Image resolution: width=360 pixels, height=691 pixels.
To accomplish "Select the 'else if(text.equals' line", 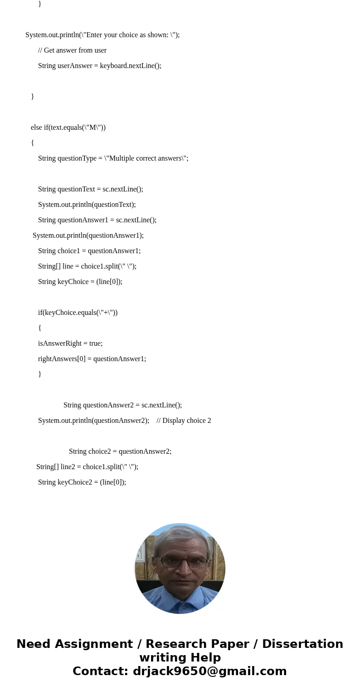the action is (x=68, y=127).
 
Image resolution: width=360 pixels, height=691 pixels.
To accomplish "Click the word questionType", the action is (x=77, y=158).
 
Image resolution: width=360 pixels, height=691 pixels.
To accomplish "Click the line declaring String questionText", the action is (x=90, y=189).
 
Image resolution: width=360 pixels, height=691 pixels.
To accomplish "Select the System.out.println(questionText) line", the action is (x=87, y=205).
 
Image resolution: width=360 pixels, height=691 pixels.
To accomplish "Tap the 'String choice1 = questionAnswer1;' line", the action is (x=89, y=251).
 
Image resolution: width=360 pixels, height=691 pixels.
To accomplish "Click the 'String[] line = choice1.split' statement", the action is (x=87, y=266).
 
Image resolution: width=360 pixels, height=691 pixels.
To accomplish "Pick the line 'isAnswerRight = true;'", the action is (x=70, y=343).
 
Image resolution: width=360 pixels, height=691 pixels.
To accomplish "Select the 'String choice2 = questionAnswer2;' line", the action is (x=120, y=451).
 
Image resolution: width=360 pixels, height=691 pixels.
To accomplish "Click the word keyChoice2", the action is (x=75, y=482).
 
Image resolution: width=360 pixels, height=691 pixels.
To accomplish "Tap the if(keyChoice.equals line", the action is (x=78, y=313).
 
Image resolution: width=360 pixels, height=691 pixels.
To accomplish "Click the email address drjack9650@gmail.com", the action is (x=209, y=671).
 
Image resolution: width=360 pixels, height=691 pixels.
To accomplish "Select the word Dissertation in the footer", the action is (x=302, y=644).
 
